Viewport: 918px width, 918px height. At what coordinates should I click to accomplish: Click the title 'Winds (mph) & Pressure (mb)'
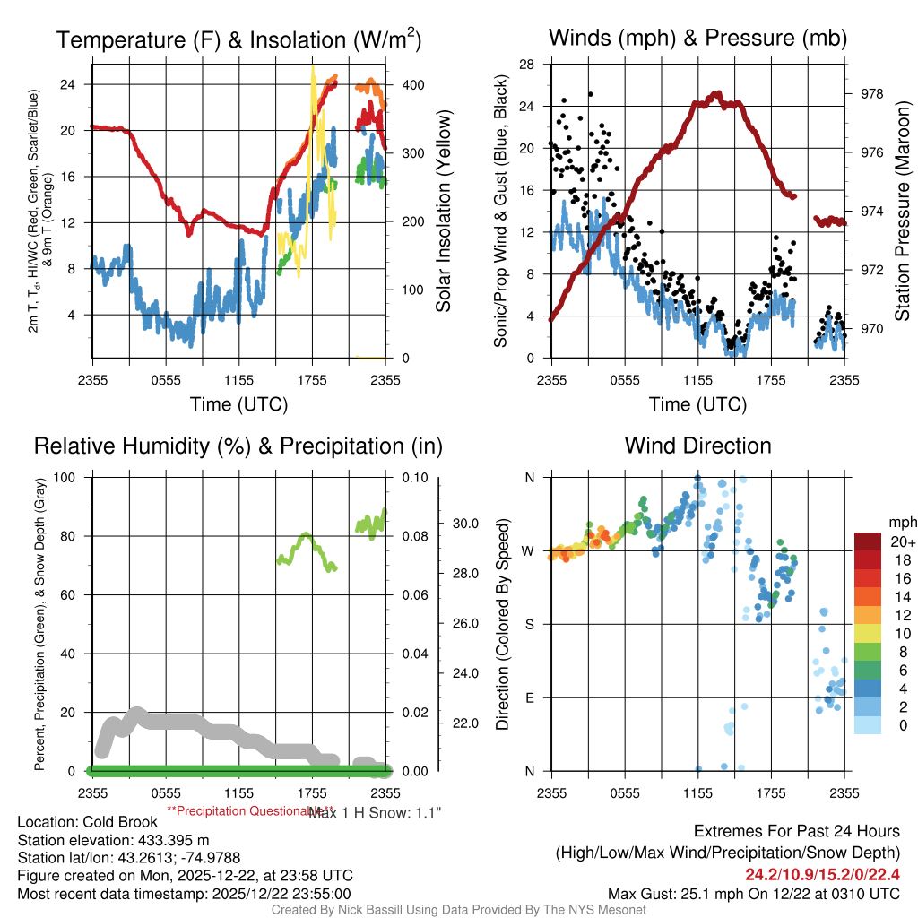[697, 38]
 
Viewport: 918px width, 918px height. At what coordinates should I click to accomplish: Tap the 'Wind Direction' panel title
[697, 446]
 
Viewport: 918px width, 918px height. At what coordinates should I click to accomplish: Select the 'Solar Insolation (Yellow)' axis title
[443, 211]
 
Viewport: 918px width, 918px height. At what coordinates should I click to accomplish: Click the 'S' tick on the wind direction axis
[529, 624]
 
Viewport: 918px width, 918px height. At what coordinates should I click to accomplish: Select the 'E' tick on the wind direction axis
[529, 697]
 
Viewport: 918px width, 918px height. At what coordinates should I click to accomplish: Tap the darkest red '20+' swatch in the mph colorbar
[869, 541]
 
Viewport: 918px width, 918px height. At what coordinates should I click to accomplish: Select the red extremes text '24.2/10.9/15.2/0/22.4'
[823, 874]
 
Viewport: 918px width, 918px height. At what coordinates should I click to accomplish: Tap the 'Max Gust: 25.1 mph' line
[753, 893]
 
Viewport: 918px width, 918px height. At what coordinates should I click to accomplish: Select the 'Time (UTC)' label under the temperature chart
[238, 404]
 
